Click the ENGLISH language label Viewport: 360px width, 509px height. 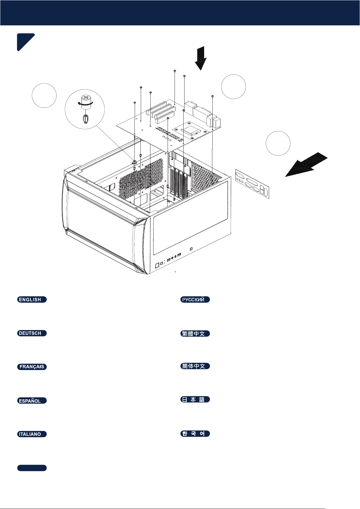click(32, 299)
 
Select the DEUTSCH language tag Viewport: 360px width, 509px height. click(32, 333)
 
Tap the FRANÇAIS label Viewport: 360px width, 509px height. click(32, 367)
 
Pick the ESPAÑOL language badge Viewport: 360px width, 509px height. click(32, 401)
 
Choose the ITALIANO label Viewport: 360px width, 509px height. click(32, 434)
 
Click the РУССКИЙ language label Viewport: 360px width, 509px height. click(195, 299)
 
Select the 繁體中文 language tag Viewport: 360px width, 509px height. click(195, 333)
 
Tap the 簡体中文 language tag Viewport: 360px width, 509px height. click(195, 366)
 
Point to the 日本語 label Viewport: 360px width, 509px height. click(195, 399)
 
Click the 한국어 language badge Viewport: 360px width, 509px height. click(195, 433)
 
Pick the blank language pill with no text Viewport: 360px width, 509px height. click(32, 468)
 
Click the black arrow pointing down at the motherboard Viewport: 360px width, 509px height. click(201, 58)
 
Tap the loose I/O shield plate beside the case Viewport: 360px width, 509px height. click(252, 184)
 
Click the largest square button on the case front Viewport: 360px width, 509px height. click(157, 266)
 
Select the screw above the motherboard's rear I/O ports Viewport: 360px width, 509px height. click(213, 96)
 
